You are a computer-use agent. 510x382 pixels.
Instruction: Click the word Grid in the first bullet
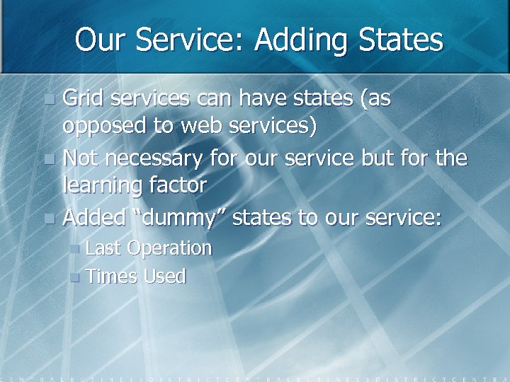click(x=82, y=99)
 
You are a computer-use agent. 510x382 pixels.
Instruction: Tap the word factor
click(x=181, y=185)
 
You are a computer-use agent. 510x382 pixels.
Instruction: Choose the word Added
click(x=94, y=217)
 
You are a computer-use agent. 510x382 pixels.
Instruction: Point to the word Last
click(x=103, y=248)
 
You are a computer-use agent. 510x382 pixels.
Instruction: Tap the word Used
click(x=165, y=277)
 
